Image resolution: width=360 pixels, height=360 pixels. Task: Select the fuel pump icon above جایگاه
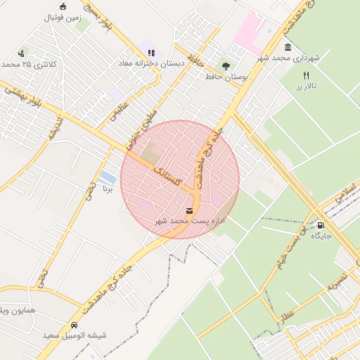[321, 226]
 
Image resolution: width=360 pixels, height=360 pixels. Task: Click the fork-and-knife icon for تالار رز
[306, 75]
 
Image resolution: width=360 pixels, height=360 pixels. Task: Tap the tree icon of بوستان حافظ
[225, 66]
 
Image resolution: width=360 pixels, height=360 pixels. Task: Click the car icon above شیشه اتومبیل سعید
[74, 325]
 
